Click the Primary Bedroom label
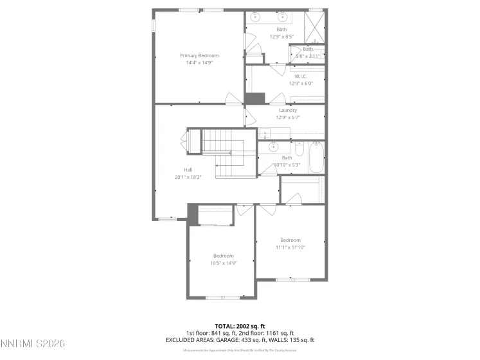pos(199,56)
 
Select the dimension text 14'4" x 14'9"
pos(199,63)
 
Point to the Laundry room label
pos(287,110)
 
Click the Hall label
pos(188,170)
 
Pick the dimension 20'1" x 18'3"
pos(188,177)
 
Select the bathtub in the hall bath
pos(316,158)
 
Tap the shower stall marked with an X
pos(314,27)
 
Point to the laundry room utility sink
pos(265,133)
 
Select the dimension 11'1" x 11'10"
pos(290,247)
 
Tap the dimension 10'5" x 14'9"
pos(224,262)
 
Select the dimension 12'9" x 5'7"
pos(287,117)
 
